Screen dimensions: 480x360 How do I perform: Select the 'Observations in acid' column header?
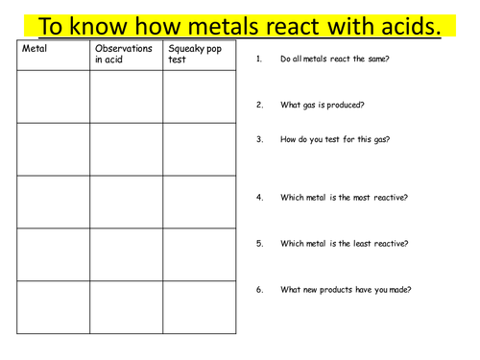124,54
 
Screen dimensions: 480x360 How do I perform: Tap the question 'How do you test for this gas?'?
335,139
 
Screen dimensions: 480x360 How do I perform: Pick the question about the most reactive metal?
344,198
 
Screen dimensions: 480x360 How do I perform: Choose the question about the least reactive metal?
344,244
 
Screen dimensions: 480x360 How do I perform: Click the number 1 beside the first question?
258,60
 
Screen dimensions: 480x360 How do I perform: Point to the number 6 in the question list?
259,290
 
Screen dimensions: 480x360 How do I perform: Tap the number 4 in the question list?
259,198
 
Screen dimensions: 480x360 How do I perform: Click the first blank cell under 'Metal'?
54,97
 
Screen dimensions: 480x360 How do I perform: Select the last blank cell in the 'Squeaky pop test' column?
199,307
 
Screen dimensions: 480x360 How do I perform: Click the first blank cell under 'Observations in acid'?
126,97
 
